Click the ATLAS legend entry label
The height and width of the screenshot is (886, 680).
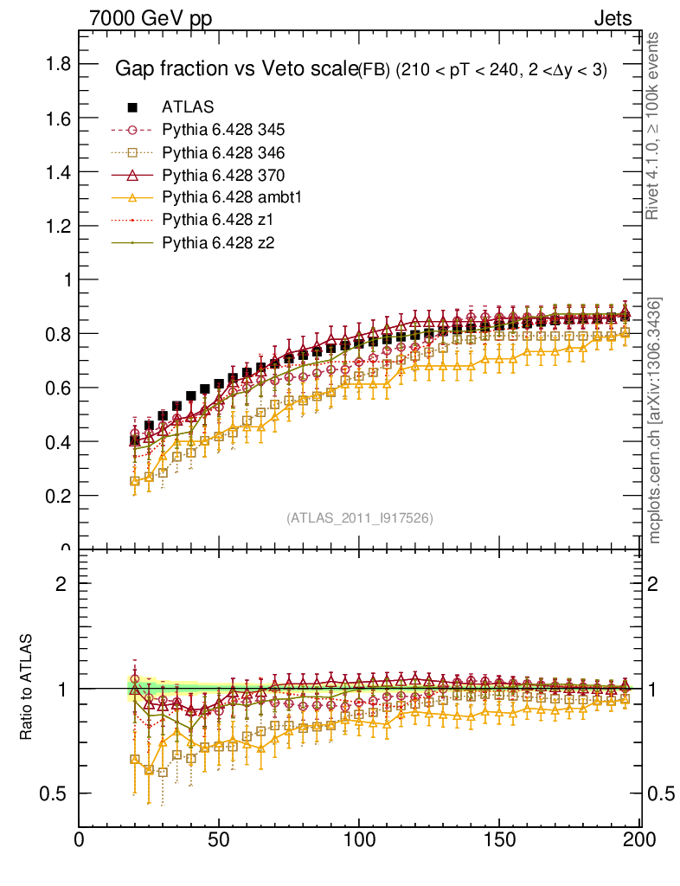coord(188,107)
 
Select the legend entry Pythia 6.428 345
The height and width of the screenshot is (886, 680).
coord(223,130)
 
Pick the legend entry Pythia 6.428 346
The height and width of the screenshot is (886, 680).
coord(223,152)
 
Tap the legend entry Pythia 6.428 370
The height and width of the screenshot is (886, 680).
coord(223,175)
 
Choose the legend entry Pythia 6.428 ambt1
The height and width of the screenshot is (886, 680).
coord(231,197)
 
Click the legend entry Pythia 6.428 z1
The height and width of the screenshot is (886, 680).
coord(215,220)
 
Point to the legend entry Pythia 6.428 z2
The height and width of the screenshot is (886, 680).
coord(215,242)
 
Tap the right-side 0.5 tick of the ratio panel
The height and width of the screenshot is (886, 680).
coord(659,794)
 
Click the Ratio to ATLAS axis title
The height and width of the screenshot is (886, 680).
coord(27,688)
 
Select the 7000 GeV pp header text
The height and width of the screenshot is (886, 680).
coord(151,18)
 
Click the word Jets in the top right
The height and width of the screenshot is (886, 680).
coord(613,18)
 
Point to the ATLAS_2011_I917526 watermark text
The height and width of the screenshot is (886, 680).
coord(360,517)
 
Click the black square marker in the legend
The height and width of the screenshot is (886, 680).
coord(132,107)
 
